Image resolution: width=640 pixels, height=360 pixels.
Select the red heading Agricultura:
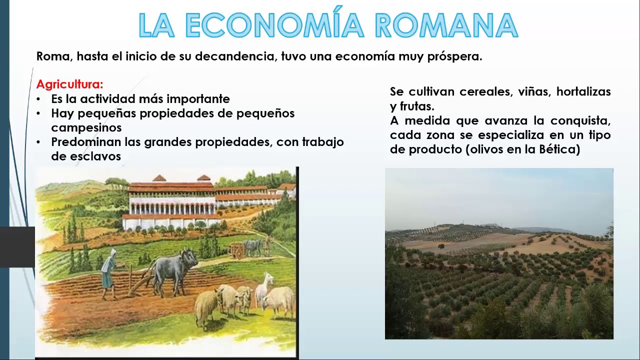[70, 84]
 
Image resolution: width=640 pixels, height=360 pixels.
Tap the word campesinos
[86, 127]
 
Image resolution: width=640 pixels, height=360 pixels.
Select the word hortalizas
[583, 92]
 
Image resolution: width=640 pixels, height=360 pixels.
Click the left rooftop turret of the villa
[159, 178]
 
